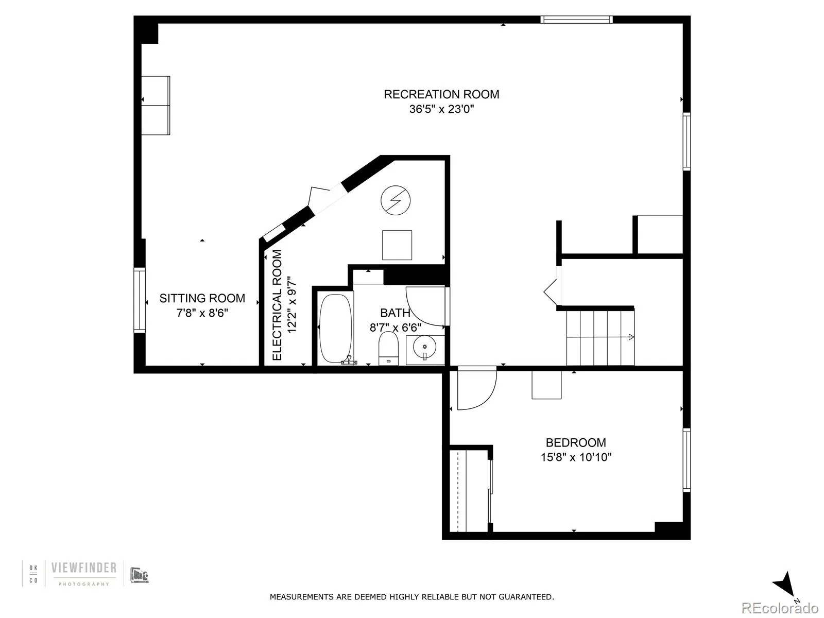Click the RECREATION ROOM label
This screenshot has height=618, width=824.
[441, 94]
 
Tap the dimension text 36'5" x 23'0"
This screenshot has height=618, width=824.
[441, 109]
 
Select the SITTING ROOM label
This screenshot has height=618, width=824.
[202, 298]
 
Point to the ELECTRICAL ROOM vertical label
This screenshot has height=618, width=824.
[277, 305]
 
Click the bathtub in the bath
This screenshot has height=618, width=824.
[336, 329]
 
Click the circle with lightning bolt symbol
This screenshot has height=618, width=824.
[396, 200]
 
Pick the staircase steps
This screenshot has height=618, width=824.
[600, 337]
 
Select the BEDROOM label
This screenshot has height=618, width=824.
[576, 442]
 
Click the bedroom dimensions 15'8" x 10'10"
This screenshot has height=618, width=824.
[576, 457]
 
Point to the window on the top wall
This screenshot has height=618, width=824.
[576, 20]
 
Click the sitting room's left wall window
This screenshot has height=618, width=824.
[140, 300]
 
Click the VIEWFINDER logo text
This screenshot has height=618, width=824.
[83, 568]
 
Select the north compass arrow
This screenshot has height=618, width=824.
[786, 585]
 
